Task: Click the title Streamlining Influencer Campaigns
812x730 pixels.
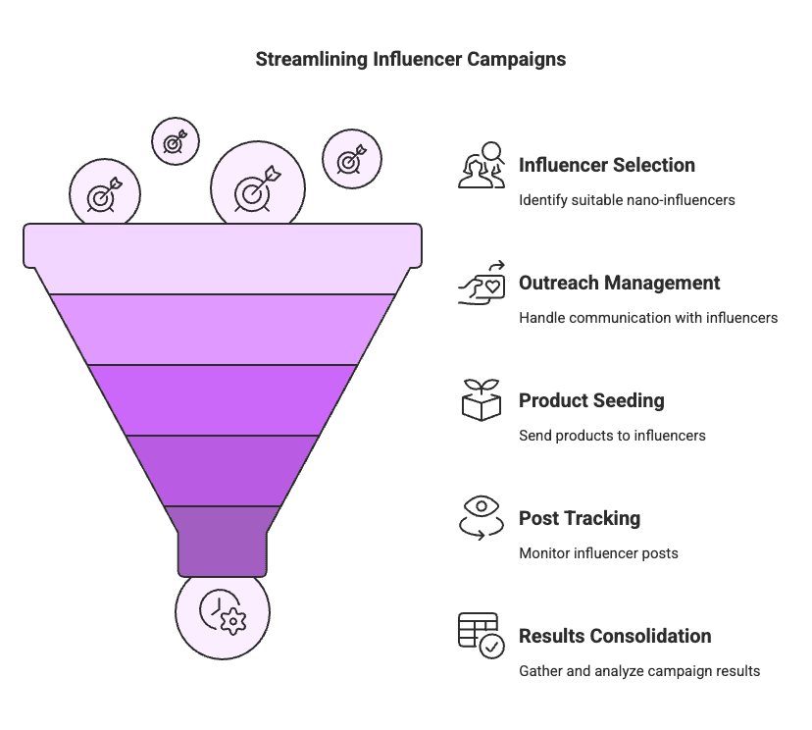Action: (410, 59)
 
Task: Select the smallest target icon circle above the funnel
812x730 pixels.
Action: (176, 142)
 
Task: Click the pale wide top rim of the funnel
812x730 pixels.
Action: (223, 245)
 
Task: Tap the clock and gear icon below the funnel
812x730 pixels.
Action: (222, 611)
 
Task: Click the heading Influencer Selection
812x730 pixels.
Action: (607, 165)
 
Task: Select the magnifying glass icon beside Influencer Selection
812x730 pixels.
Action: (482, 165)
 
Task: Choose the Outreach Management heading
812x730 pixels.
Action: (619, 283)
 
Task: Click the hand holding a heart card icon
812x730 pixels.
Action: (482, 284)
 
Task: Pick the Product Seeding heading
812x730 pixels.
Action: (591, 400)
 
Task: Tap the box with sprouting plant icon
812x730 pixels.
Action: (482, 400)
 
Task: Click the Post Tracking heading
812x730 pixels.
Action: (580, 518)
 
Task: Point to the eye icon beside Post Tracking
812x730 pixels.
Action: (482, 517)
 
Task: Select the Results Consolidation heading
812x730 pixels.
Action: (615, 636)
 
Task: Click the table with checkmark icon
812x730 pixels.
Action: (482, 635)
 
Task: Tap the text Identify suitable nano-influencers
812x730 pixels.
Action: (627, 200)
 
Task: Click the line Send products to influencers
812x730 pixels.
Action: (612, 436)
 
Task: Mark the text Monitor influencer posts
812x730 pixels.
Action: (598, 553)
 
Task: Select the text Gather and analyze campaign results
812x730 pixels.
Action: (639, 671)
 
